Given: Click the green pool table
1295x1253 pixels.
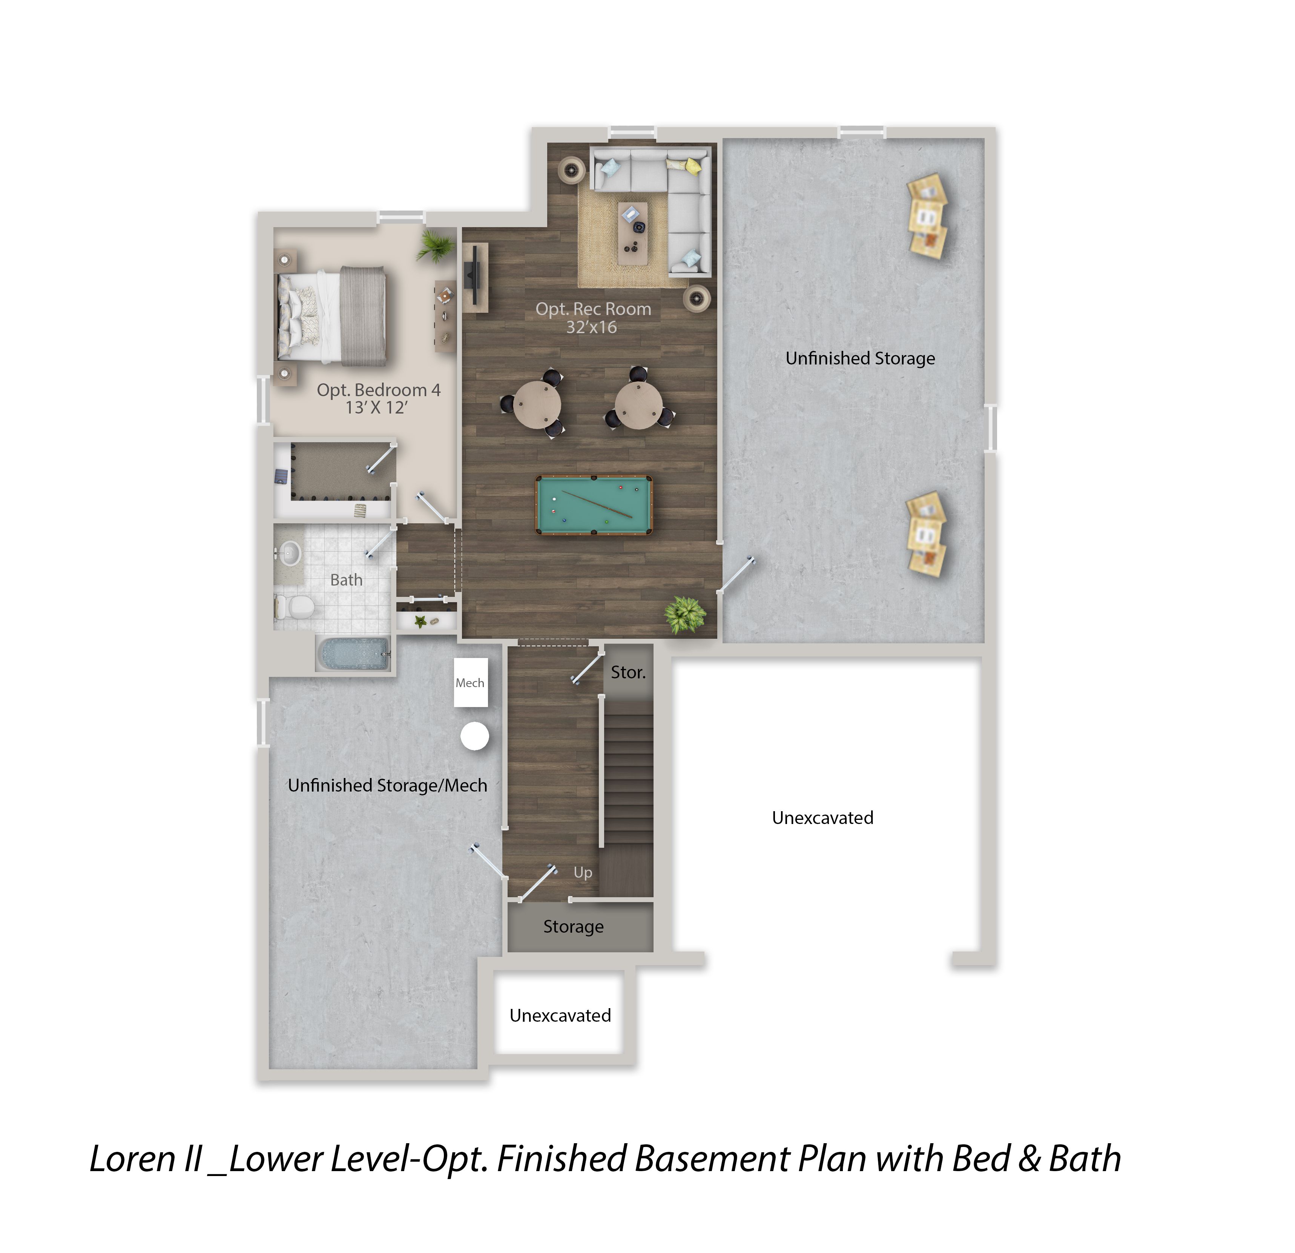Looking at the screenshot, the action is point(593,505).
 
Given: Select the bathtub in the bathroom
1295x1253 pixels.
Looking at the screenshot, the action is point(353,653).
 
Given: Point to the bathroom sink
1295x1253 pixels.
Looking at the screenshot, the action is point(289,552).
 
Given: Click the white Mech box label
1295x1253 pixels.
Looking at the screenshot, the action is point(470,683).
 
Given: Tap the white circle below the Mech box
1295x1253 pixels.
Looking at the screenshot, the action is point(474,736).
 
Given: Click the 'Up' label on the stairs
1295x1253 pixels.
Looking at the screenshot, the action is point(583,872).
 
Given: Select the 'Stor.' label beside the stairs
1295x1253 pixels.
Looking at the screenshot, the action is point(628,672).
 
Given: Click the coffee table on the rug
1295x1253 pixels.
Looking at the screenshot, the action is point(633,233).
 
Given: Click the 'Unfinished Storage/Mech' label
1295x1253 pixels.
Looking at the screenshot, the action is point(387,785).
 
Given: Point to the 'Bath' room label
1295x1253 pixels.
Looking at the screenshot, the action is point(346,580).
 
